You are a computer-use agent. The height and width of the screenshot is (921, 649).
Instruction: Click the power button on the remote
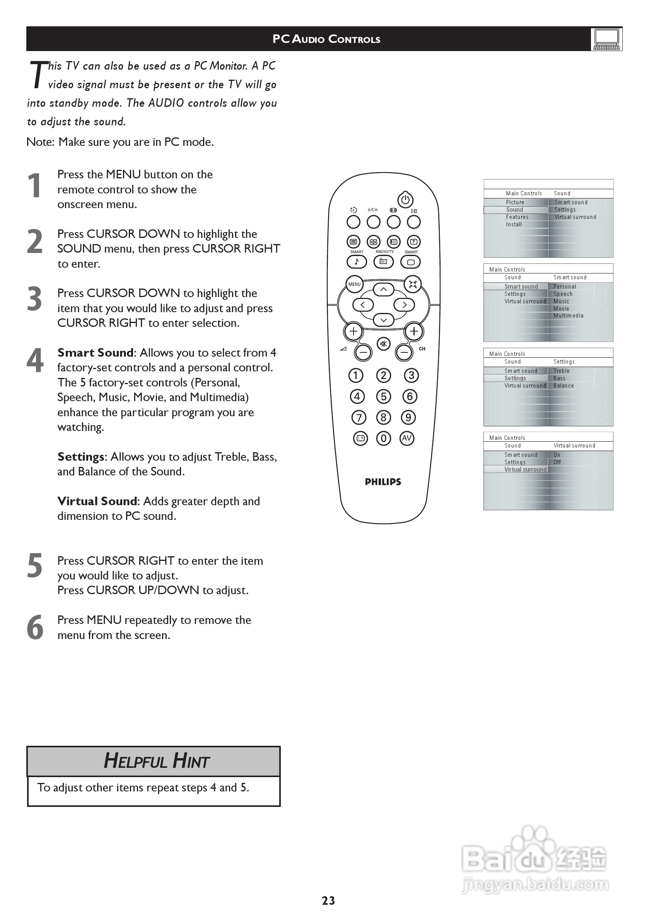coord(405,199)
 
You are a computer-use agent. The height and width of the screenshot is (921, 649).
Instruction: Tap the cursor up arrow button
coord(383,289)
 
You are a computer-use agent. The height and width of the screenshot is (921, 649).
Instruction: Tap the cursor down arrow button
coord(383,320)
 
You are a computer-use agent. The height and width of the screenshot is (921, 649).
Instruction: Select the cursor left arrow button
coord(363,305)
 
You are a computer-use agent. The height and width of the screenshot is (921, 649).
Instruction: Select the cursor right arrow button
coord(404,305)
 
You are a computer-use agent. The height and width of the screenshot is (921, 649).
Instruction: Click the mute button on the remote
coord(383,344)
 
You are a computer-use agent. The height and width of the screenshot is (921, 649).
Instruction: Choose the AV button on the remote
coord(407,438)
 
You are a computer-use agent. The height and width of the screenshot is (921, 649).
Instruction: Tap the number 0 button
coord(383,438)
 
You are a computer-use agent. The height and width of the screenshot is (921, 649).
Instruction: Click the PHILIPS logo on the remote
coord(383,482)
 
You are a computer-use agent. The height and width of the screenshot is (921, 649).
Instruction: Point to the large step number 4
coord(35,360)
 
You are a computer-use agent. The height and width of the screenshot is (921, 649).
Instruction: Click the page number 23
coord(328,900)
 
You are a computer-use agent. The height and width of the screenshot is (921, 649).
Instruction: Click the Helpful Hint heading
coord(156,760)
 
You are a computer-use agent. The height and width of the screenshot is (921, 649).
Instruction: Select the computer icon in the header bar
coord(606,39)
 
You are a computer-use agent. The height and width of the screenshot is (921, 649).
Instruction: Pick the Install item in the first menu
coord(514,224)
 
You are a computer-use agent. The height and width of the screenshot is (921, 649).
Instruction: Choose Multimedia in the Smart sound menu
coord(569,316)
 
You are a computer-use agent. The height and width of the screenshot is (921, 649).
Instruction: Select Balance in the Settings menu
coord(564,386)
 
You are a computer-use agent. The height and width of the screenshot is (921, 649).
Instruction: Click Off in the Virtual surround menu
coord(557,462)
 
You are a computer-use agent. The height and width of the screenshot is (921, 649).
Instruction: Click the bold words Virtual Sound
coord(97,501)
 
